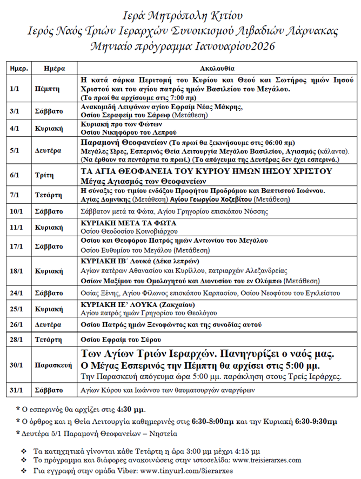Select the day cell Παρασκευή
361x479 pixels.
[x=54, y=365]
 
